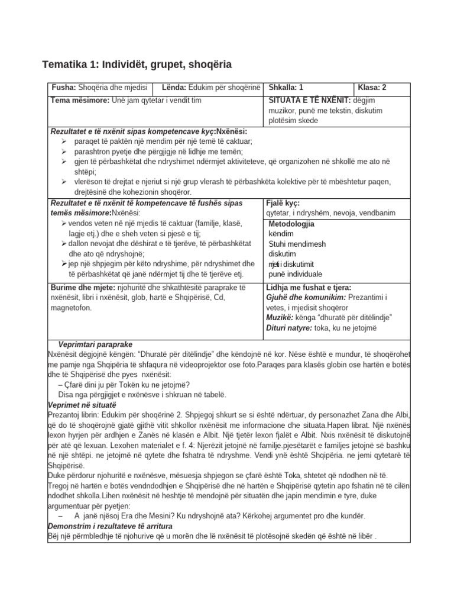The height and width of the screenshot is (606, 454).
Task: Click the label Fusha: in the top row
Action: [64, 88]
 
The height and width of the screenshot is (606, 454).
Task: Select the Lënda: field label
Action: [174, 88]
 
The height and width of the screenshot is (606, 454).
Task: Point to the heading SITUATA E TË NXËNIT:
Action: [309, 100]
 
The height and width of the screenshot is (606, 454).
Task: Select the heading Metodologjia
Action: [291, 224]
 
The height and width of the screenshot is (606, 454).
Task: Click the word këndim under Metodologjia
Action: [281, 234]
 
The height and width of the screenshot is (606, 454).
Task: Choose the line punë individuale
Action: [296, 274]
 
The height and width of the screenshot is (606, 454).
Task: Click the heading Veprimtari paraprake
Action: [95, 344]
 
